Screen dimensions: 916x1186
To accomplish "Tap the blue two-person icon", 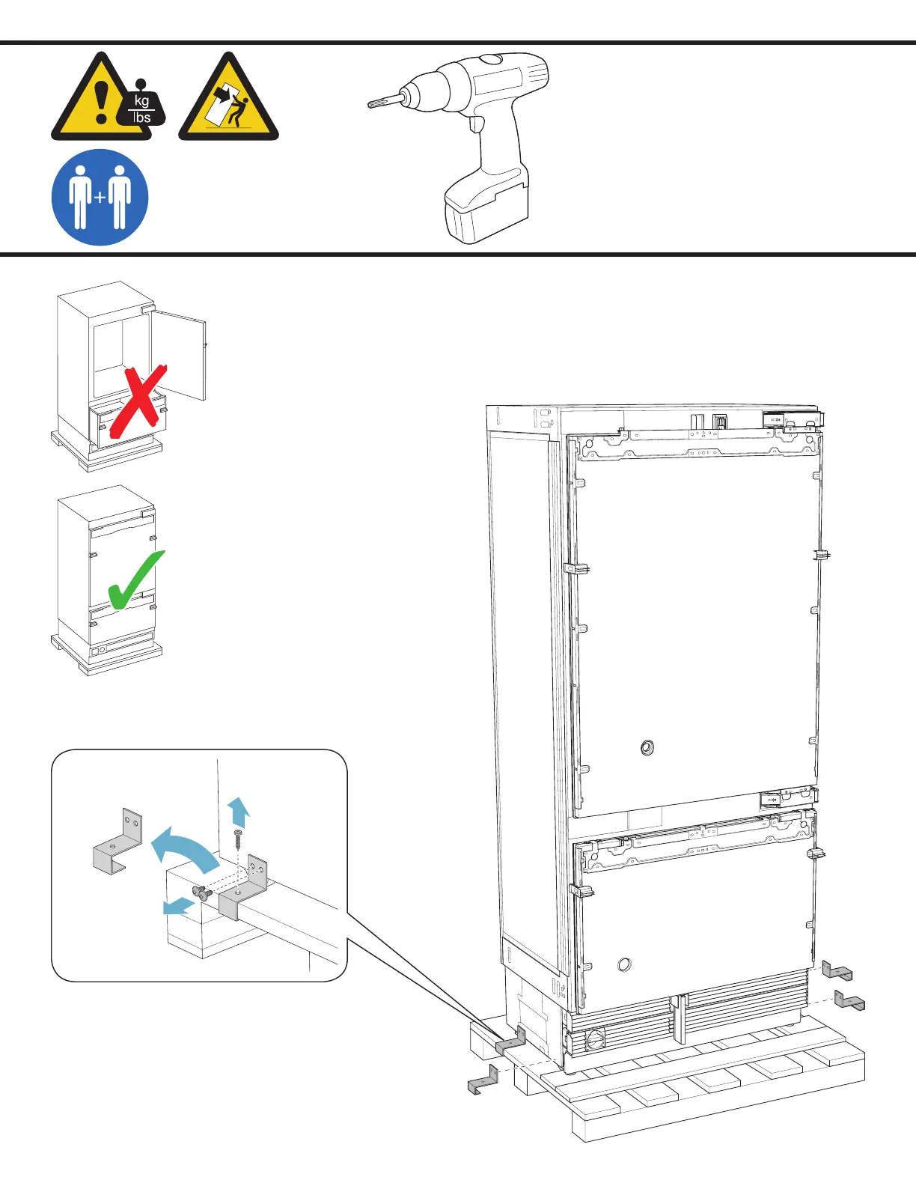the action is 100,198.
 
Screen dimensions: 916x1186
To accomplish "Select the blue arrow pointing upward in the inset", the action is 239,811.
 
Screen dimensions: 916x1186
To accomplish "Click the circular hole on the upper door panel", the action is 647,747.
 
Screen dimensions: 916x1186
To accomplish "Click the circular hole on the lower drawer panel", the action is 624,964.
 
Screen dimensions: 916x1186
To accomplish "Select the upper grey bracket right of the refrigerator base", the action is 837,971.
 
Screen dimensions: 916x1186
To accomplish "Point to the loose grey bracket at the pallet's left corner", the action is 483,1081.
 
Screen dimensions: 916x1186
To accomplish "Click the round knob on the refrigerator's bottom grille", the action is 595,1039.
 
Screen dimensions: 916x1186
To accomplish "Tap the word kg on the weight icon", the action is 141,101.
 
